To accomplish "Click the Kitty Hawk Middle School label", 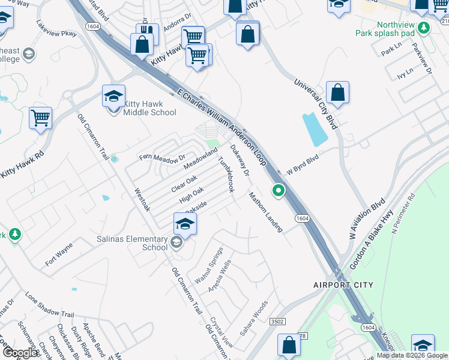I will coord(149,108).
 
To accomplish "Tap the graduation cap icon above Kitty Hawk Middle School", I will coord(113,95).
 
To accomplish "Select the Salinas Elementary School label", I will coord(133,243).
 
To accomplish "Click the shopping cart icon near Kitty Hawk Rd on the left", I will coord(40,118).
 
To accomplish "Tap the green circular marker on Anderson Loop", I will coord(279,191).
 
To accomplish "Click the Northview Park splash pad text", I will coord(396,29).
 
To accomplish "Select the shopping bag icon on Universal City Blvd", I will coord(338,93).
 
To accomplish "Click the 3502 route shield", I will coord(277,322).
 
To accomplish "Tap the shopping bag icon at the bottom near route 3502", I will coord(289,346).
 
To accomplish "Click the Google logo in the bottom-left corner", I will coord(20,353).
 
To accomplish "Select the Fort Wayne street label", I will coord(59,254).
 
